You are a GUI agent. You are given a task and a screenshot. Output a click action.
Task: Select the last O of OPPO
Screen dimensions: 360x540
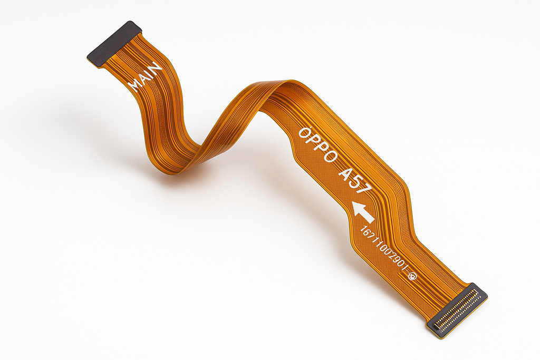(x=332, y=158)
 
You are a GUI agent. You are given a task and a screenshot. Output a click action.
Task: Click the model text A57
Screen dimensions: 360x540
(x=354, y=179)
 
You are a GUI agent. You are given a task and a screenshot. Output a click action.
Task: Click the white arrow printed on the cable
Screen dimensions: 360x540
(x=363, y=211)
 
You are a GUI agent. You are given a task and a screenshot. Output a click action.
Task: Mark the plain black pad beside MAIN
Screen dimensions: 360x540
(x=114, y=43)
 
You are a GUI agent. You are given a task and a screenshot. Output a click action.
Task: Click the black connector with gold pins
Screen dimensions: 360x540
(x=457, y=310)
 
